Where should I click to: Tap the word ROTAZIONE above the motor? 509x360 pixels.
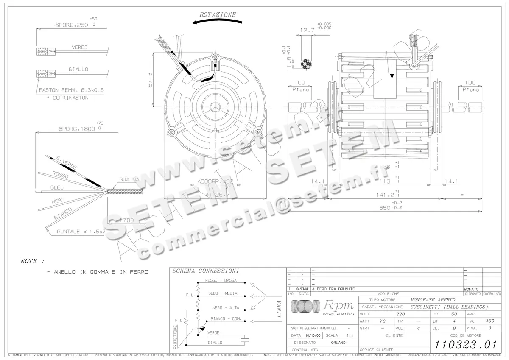coord(218,14)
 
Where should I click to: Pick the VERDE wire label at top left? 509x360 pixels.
coord(79,47)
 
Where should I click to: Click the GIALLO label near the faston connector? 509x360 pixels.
coord(78,69)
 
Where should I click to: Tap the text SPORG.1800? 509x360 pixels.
coord(71,128)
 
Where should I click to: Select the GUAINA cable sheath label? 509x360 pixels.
coord(129,179)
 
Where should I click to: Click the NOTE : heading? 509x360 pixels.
coord(32,261)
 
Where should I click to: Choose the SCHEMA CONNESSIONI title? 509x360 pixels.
coord(205,271)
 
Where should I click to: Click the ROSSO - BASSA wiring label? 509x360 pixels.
coord(221,280)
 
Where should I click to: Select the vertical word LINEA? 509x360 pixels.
coord(279,310)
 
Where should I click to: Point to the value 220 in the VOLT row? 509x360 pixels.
coord(400,314)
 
